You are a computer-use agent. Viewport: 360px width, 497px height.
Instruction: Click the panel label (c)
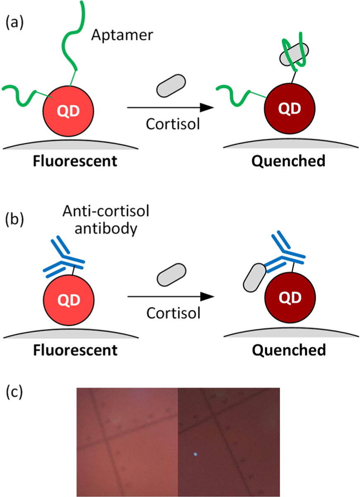(15, 391)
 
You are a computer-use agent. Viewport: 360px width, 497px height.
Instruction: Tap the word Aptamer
(122, 35)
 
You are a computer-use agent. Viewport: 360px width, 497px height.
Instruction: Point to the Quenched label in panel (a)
(289, 161)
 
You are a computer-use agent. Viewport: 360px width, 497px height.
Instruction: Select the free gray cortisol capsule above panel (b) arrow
(172, 275)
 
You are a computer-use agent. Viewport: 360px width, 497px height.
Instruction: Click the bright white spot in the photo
(195, 454)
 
